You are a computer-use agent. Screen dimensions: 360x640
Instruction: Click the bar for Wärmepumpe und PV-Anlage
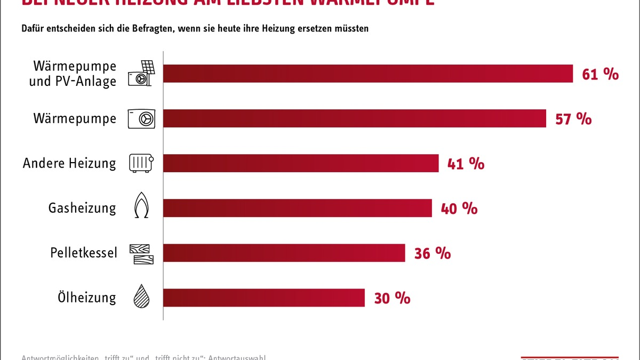(367, 74)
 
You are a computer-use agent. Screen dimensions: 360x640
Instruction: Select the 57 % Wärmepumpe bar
(354, 118)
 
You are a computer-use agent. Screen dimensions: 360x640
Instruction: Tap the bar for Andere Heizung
(300, 163)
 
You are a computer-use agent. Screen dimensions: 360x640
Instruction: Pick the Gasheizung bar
(297, 208)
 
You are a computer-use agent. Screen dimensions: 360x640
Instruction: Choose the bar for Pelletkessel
(284, 253)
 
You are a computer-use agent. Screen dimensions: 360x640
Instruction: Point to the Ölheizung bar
(263, 298)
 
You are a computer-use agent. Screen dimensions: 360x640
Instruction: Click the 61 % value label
(600, 74)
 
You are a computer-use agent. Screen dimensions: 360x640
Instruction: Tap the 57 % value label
(573, 119)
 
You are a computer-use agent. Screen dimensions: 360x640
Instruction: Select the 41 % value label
(466, 164)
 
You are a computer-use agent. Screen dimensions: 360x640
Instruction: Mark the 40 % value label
(459, 209)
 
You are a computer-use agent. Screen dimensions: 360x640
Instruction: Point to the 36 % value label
(433, 253)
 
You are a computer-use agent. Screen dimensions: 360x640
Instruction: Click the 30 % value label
(392, 298)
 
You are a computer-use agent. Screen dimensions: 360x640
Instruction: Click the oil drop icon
(141, 296)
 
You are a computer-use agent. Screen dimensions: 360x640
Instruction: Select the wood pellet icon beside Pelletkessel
(141, 254)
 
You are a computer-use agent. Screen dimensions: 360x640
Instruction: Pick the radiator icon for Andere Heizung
(141, 163)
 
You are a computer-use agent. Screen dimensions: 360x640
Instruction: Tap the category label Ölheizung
(86, 297)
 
